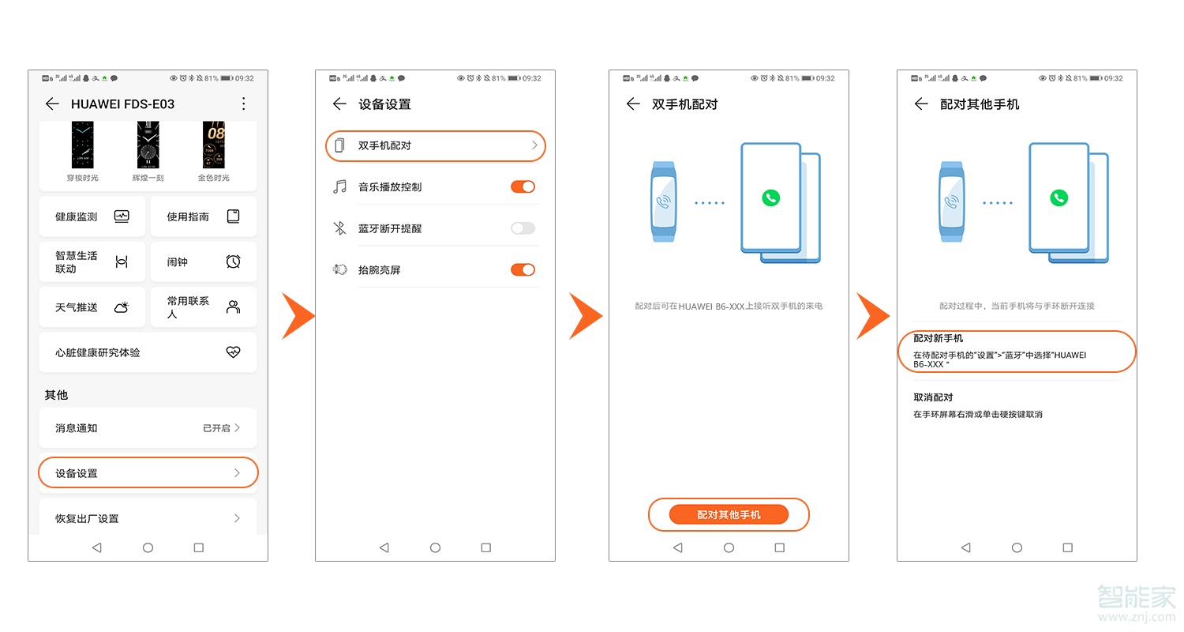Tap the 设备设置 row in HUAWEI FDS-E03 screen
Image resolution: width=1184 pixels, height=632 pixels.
coord(148,473)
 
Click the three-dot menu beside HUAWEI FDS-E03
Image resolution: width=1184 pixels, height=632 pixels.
coord(244,103)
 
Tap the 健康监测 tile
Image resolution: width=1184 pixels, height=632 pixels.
coord(92,216)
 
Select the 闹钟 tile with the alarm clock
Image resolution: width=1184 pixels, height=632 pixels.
coord(203,261)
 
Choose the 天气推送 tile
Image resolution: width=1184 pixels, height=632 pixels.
coord(92,307)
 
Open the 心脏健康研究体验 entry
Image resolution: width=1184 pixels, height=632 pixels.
coord(148,352)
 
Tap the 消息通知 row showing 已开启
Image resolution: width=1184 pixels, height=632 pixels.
coord(148,427)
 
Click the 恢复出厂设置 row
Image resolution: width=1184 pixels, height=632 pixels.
coord(148,518)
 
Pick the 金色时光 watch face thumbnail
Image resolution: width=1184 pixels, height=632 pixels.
coord(214,146)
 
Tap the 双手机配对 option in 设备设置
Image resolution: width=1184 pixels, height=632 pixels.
coord(435,146)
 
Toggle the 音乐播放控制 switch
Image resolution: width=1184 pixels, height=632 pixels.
coord(523,186)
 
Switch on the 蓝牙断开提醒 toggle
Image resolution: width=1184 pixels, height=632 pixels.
coord(523,228)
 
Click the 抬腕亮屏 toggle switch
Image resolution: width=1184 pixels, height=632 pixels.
coord(523,269)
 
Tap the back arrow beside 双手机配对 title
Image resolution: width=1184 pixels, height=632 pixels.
coord(632,103)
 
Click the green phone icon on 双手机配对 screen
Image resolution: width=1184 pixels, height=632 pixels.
coord(770,197)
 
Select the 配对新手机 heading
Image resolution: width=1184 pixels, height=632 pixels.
coord(938,338)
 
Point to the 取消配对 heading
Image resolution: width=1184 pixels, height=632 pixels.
coord(933,397)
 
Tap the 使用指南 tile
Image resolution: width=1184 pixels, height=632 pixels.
coord(203,216)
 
